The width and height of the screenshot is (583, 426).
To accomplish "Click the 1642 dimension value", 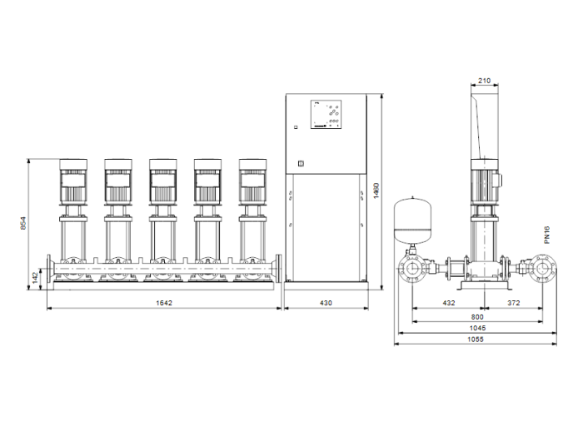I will (x=164, y=304).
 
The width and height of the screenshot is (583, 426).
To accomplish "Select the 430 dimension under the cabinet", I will (x=326, y=304).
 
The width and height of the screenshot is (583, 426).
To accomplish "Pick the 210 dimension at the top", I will (x=485, y=81).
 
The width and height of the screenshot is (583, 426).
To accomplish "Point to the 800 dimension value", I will (x=477, y=317).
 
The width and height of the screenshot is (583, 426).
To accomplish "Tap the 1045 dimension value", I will (x=477, y=329).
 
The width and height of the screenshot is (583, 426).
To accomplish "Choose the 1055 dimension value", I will (x=477, y=340).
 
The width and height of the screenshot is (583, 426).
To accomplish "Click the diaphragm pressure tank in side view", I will (x=413, y=216).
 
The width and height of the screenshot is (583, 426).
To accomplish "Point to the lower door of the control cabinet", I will (x=326, y=229).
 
